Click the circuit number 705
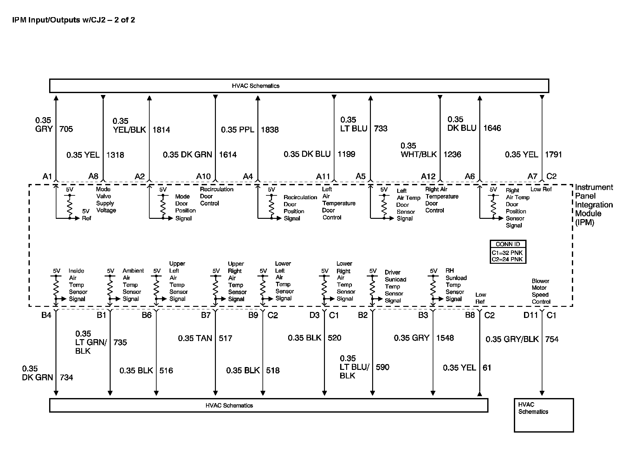pos(66,129)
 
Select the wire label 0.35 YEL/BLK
pos(129,125)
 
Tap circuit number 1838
pos(270,130)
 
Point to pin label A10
pos(203,176)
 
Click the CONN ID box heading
pos(508,244)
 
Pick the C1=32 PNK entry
pos(507,253)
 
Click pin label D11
pos(531,315)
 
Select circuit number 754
pos(552,339)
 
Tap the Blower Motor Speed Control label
pos(541,291)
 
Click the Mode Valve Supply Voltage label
pos(106,199)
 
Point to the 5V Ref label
pos(86,215)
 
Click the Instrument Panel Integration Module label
pos(593,205)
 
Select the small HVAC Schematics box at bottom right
pos(544,415)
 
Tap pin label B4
pos(46,315)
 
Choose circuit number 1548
pos(445,338)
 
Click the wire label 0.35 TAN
pos(195,338)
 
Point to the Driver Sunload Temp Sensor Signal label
pos(395,286)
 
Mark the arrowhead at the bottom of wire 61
pos(480,394)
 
